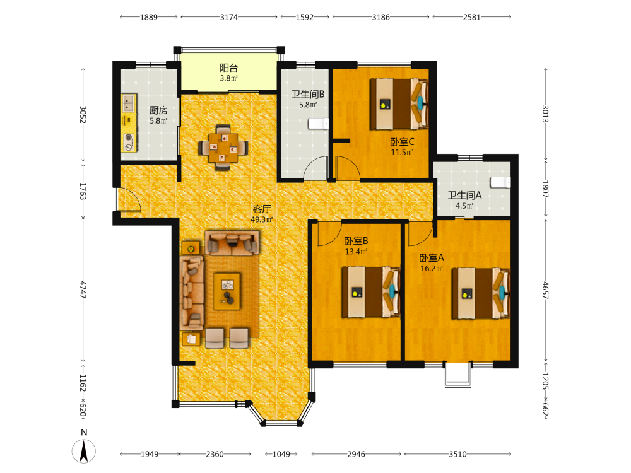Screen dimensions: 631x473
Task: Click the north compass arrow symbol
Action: [x=84, y=452]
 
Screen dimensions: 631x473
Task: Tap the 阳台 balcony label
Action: [x=228, y=67]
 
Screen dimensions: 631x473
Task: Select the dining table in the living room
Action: [x=223, y=148]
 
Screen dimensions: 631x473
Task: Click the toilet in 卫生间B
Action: [x=318, y=124]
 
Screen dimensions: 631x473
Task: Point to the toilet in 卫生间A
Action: [x=500, y=182]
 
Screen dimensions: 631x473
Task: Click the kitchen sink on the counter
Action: [x=128, y=103]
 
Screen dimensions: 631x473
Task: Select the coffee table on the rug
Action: [x=227, y=291]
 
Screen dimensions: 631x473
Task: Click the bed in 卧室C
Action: [x=399, y=104]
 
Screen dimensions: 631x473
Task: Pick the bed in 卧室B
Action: [x=371, y=291]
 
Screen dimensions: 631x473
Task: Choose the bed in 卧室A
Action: [x=481, y=293]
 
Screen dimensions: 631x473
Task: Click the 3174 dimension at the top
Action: [x=228, y=17]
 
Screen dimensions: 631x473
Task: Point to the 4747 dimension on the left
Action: [x=83, y=289]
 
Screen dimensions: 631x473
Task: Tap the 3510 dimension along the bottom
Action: [x=457, y=454]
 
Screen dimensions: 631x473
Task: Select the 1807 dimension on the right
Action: [x=545, y=189]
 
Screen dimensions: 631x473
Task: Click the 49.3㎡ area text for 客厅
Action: [x=262, y=219]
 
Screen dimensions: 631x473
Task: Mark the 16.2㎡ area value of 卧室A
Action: [x=432, y=268]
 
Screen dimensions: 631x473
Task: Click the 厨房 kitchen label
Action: [x=158, y=110]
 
